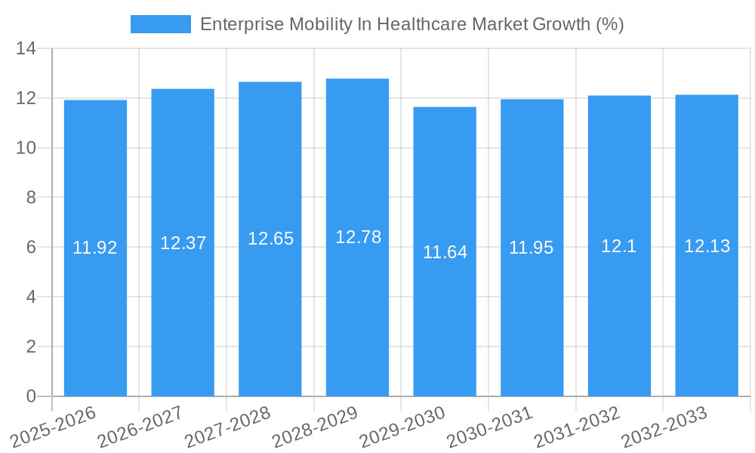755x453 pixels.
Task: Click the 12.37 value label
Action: tap(183, 243)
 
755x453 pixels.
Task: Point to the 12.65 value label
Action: tap(270, 239)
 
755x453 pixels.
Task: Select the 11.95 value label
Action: tap(532, 248)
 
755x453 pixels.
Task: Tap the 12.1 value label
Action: tap(619, 246)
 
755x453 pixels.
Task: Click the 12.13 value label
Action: tap(707, 246)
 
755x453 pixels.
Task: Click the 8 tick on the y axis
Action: tap(31, 198)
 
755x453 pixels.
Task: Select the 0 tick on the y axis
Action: tap(31, 396)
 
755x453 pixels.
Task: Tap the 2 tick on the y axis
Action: tap(31, 347)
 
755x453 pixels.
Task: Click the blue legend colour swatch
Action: tap(161, 24)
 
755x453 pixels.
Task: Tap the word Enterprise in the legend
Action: tap(238, 24)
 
